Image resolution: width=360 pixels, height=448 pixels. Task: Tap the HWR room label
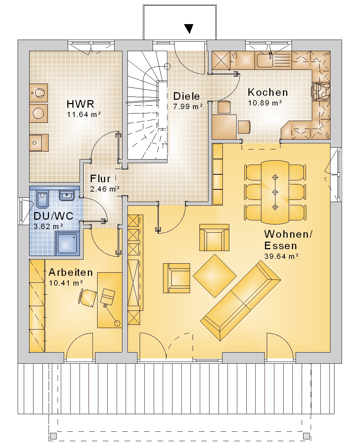80,104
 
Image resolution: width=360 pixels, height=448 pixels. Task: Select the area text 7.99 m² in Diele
188,107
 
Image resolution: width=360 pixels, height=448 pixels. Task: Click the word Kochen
268,92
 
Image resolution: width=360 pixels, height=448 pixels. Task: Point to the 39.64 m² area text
282,256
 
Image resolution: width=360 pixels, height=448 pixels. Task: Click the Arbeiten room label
71,272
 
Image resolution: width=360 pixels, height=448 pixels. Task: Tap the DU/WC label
54,216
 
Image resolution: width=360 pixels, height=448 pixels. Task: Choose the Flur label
100,179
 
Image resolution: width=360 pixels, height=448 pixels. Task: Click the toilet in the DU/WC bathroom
42,199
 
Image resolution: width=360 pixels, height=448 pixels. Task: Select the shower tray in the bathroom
67,243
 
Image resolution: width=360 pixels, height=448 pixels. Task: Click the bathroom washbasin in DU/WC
67,195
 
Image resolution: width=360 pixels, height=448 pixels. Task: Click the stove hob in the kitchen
321,91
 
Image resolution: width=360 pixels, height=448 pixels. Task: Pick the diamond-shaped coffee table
215,276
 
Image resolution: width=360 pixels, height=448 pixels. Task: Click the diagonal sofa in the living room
240,300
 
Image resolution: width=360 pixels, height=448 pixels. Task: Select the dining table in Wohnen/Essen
275,192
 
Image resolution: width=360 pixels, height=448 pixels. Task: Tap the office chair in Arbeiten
87,297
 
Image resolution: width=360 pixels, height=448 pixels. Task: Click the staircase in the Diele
147,107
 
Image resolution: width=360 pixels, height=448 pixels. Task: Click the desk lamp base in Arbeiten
117,323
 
